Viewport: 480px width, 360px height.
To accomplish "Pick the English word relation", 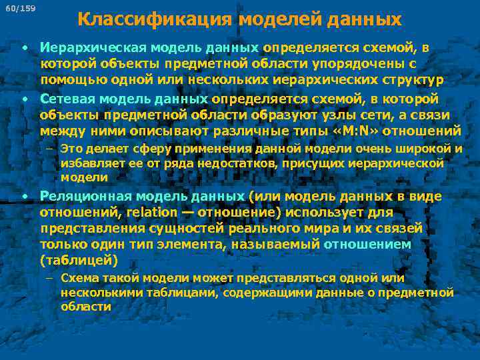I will point(152,212).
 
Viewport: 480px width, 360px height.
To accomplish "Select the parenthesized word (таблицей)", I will point(79,260).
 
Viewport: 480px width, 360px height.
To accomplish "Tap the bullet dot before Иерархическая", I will point(24,48).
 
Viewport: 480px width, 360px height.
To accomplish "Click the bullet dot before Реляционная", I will point(24,196).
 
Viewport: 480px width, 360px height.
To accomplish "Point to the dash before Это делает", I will point(51,148).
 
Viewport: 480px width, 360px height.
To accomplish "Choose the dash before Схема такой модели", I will point(51,277).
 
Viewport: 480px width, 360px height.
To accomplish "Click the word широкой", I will point(432,148).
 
